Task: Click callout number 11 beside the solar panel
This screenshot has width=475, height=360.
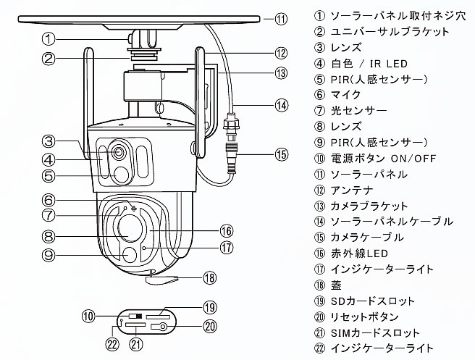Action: [281, 20]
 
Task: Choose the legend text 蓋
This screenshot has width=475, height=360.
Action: [336, 285]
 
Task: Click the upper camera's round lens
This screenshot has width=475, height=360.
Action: [119, 154]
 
